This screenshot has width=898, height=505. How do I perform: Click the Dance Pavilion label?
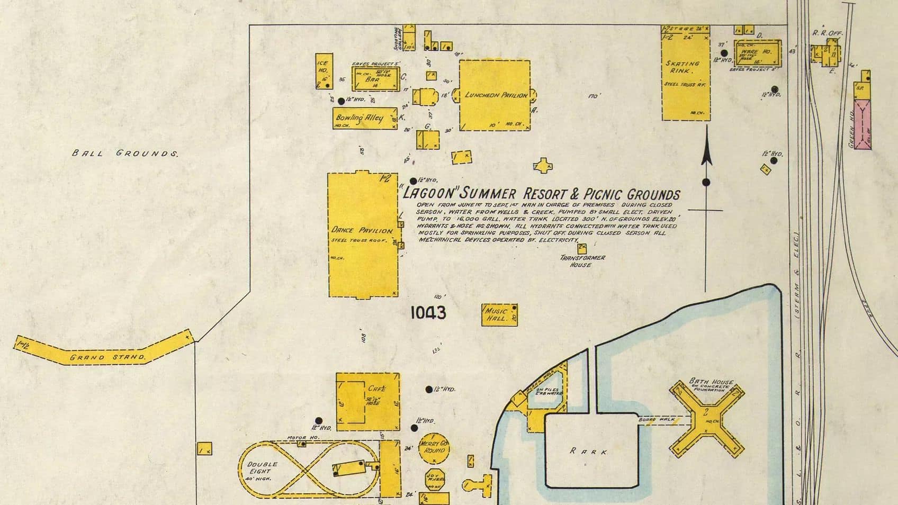pyautogui.click(x=362, y=230)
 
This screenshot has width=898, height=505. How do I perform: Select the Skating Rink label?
pyautogui.click(x=682, y=67)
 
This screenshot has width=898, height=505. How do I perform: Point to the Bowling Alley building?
pyautogui.click(x=365, y=119)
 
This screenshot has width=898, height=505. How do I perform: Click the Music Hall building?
pyautogui.click(x=499, y=315)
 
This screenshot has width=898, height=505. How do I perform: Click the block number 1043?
pyautogui.click(x=428, y=313)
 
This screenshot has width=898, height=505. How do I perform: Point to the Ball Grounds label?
pyautogui.click(x=125, y=154)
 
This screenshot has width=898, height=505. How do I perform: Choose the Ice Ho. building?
pyautogui.click(x=324, y=70)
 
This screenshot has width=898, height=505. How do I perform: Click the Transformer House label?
pyautogui.click(x=582, y=261)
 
